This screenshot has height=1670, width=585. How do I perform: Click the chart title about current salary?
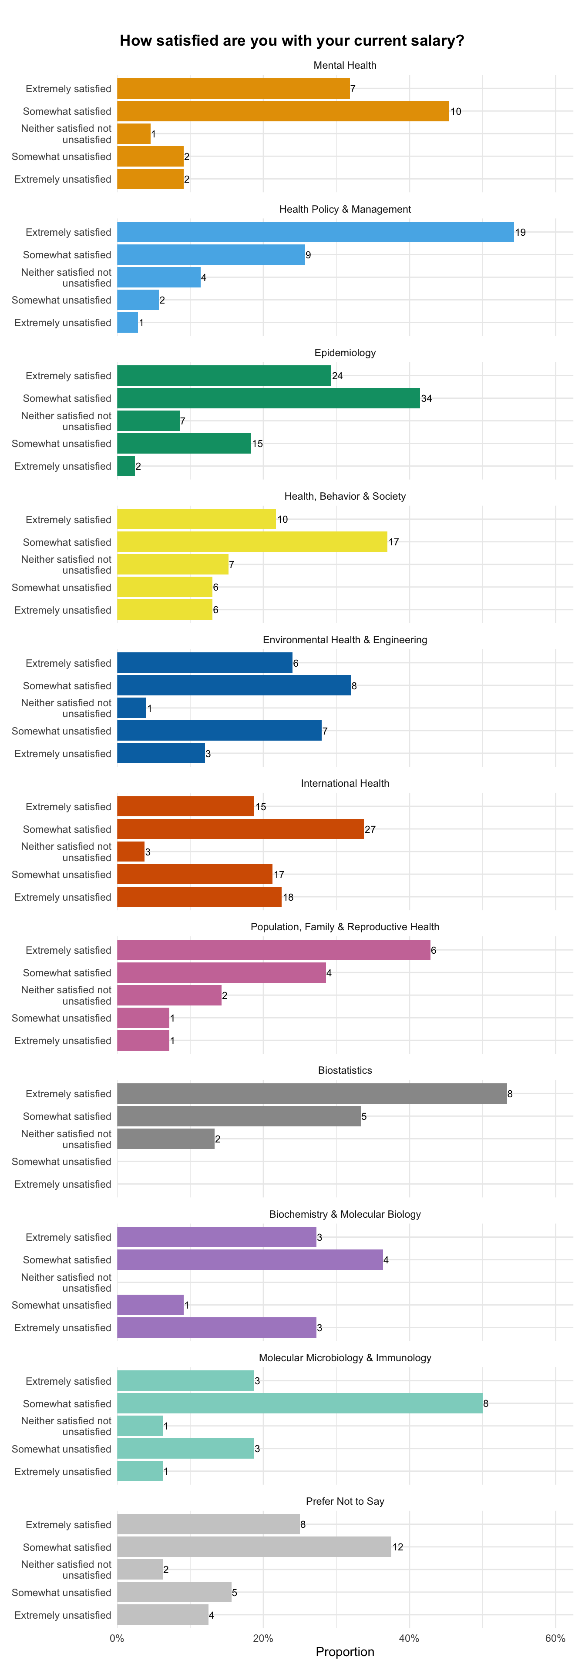tap(292, 41)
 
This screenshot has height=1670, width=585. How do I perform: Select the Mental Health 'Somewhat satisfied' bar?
tap(283, 111)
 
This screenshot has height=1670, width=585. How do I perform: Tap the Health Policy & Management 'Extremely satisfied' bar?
tap(315, 232)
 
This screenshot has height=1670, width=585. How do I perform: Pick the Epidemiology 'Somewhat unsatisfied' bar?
tap(184, 444)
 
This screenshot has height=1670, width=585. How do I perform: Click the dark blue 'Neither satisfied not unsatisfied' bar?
tap(131, 708)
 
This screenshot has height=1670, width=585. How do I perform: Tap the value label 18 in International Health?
tap(289, 897)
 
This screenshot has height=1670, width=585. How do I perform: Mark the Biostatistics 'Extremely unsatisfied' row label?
tap(63, 1184)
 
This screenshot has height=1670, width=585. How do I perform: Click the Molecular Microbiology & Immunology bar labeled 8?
tap(299, 1403)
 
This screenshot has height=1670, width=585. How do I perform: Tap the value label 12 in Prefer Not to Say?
tap(397, 1547)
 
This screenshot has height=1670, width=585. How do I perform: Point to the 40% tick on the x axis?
tap(409, 1638)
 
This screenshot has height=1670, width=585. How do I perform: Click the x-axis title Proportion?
tap(345, 1652)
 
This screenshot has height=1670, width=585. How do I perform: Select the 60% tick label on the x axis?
tap(555, 1638)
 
